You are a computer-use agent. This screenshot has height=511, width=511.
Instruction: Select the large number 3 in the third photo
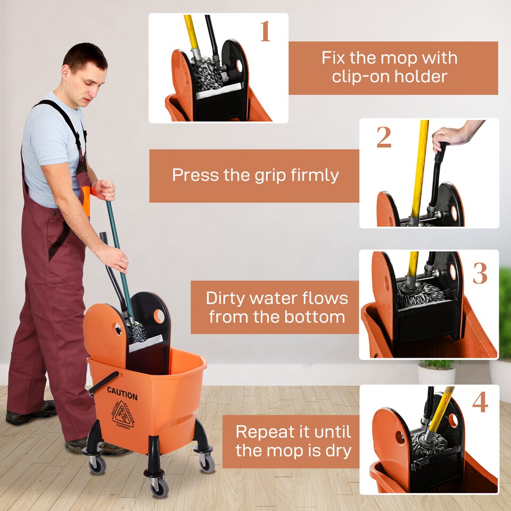[x=480, y=273]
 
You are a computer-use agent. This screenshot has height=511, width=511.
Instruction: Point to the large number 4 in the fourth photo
[x=480, y=402]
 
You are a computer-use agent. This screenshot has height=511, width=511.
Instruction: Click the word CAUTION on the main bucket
[x=122, y=395]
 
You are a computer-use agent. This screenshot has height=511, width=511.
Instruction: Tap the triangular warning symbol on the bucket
[x=122, y=415]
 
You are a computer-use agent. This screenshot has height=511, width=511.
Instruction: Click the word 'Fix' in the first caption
[x=333, y=58]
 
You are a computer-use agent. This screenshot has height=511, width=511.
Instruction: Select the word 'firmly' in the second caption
[x=314, y=175]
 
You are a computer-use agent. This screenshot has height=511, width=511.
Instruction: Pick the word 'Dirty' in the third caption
[x=228, y=298]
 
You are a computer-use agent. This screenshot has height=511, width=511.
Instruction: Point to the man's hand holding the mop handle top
[x=104, y=190]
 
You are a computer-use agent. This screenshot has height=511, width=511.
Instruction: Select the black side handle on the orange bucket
[x=103, y=383]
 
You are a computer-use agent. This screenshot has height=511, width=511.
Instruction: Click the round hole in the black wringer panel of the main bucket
[x=159, y=316]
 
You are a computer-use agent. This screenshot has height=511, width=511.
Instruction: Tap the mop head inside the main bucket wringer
[x=137, y=333]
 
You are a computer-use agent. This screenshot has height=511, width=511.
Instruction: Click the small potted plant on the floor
[x=436, y=371]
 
